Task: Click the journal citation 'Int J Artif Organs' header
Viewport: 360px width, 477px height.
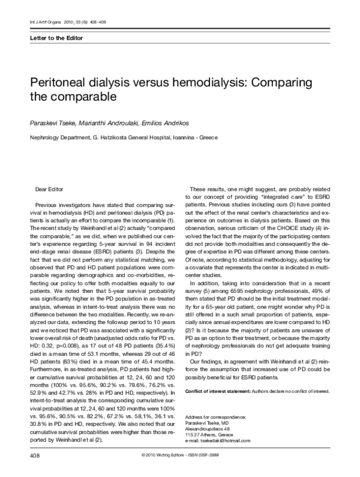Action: tap(41, 23)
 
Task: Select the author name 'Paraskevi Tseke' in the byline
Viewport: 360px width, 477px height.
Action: tap(52, 122)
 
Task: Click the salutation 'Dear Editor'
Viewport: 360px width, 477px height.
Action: tap(49, 189)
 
